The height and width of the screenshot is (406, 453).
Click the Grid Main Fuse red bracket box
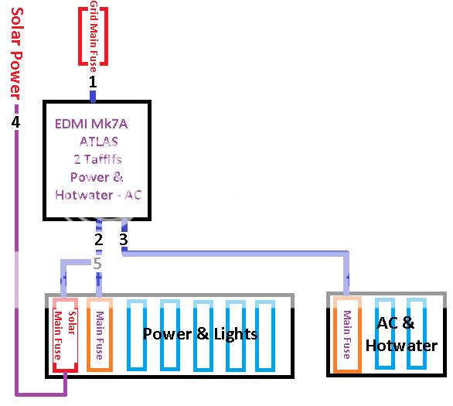[x=93, y=36]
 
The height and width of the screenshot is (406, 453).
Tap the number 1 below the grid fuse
[x=93, y=80]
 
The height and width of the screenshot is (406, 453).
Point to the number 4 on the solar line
[x=15, y=122]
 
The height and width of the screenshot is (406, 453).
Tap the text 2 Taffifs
[x=97, y=159]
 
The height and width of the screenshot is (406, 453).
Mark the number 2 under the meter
[x=98, y=240]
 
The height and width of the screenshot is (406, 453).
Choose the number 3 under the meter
[x=123, y=240]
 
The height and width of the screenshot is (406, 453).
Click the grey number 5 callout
[x=97, y=264]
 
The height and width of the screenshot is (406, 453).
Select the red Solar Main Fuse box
[x=66, y=335]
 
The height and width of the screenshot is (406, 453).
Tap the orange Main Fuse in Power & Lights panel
[x=100, y=334]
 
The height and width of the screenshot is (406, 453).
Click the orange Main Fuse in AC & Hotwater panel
[x=346, y=334]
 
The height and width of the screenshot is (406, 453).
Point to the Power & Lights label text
[x=199, y=334]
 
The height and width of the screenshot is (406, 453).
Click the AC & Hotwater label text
[x=407, y=334]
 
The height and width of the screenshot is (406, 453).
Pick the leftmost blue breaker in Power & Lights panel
[x=137, y=336]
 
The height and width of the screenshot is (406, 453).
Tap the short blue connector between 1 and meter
[x=93, y=97]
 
